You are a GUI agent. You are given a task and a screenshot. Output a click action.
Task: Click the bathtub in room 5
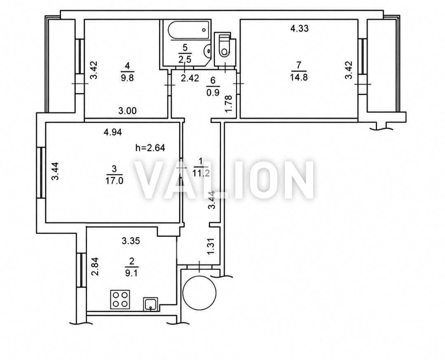188,30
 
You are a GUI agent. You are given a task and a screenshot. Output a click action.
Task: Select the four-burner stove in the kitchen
120,299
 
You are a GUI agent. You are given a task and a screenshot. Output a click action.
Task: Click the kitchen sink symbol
150,304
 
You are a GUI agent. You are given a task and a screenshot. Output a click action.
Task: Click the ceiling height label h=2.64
150,148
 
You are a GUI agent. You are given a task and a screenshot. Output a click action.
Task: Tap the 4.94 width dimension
113,132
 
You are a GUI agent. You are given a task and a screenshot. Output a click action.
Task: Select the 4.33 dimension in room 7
300,28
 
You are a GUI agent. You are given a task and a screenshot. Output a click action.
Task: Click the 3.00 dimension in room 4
127,111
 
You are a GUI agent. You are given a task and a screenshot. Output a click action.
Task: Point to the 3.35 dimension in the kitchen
131,241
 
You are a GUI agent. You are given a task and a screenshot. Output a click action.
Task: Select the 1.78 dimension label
229,104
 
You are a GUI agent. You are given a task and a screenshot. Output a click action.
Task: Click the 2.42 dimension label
190,78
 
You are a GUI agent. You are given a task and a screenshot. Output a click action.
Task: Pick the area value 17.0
115,181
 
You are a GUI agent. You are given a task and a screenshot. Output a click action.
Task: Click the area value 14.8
299,77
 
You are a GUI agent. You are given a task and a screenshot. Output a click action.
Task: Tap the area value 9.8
127,77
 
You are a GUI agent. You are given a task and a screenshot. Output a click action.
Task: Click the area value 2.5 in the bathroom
185,60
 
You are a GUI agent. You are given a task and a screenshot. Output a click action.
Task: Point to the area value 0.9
213,92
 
